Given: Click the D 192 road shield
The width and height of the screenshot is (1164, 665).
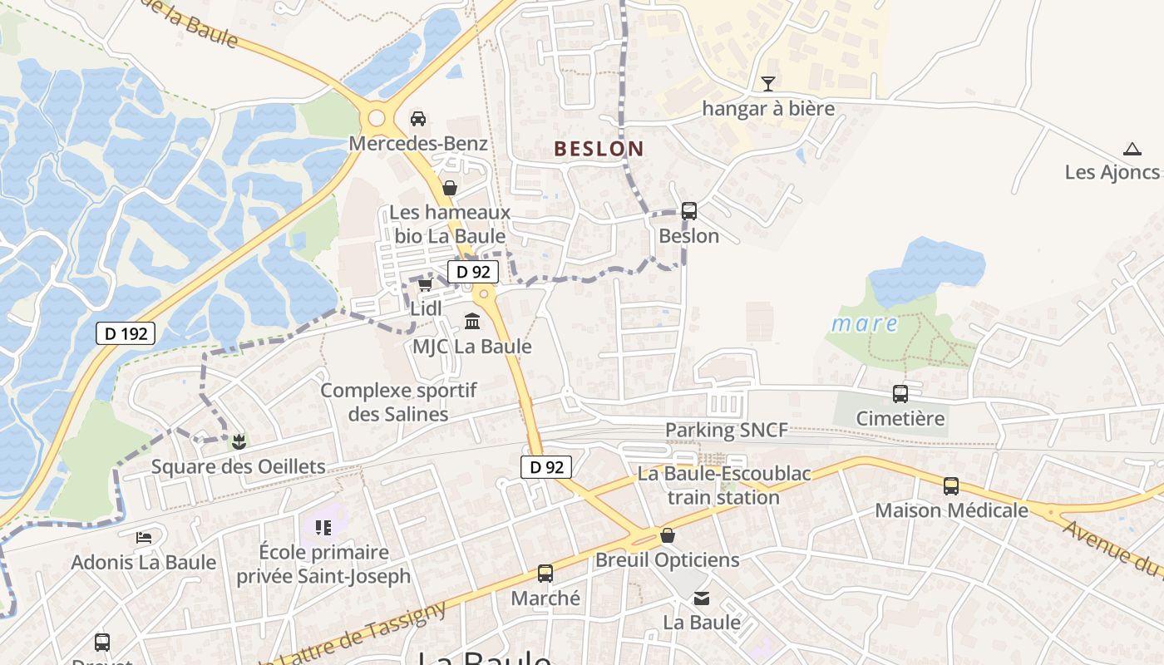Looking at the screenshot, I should pyautogui.click(x=126, y=334).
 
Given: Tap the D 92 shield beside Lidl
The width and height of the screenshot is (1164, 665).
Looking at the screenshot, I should pyautogui.click(x=473, y=271).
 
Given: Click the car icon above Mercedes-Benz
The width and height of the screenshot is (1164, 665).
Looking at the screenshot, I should pyautogui.click(x=418, y=118).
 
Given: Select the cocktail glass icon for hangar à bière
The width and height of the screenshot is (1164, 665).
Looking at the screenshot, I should pyautogui.click(x=768, y=83).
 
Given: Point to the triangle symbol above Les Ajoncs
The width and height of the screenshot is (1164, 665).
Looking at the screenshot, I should pyautogui.click(x=1132, y=150).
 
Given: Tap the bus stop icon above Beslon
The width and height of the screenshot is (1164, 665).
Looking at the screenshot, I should pyautogui.click(x=688, y=211).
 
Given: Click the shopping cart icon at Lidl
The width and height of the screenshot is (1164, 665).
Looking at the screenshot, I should pyautogui.click(x=425, y=285).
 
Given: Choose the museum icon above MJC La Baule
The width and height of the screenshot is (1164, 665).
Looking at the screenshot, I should pyautogui.click(x=472, y=321).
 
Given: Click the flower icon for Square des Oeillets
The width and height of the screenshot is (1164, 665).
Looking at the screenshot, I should pyautogui.click(x=239, y=441).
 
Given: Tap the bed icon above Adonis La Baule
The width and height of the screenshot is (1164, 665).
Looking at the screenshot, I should pyautogui.click(x=144, y=538).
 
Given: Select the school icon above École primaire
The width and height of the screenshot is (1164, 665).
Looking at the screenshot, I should pyautogui.click(x=323, y=527).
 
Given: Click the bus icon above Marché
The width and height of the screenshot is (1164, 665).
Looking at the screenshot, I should pyautogui.click(x=545, y=574).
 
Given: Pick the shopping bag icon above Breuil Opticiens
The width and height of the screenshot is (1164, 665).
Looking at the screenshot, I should pyautogui.click(x=667, y=535).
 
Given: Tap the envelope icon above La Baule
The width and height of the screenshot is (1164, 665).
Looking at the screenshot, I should pyautogui.click(x=702, y=598).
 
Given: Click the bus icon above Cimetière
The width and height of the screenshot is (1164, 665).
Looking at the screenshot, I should pyautogui.click(x=900, y=394).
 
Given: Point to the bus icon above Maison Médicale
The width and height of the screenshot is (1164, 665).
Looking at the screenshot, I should pyautogui.click(x=951, y=486).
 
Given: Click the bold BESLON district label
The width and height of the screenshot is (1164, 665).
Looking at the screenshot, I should pyautogui.click(x=599, y=150).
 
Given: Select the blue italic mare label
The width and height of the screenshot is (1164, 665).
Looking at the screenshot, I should pyautogui.click(x=865, y=324).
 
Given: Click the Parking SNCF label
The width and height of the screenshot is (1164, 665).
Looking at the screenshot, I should pyautogui.click(x=726, y=431).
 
